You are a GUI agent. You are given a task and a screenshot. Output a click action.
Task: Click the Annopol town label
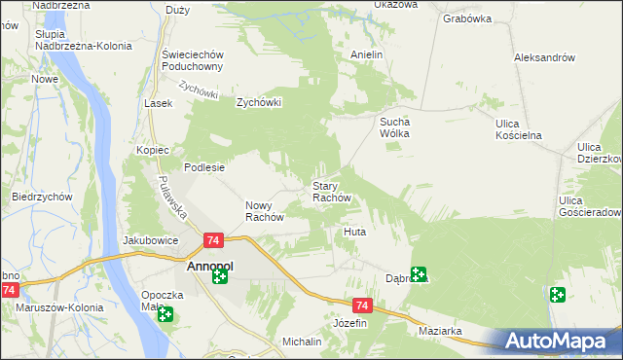[x=206, y=263]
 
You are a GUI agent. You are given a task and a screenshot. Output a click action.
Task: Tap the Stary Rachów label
[x=337, y=191]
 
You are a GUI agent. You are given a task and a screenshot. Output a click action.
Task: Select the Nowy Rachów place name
[x=264, y=210]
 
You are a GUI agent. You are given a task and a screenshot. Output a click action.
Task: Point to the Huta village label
[x=354, y=233]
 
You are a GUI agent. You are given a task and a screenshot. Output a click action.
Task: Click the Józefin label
[x=349, y=322]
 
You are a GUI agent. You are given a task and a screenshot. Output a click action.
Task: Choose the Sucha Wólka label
[x=396, y=127]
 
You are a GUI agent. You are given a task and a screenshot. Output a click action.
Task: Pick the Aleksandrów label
[x=544, y=57]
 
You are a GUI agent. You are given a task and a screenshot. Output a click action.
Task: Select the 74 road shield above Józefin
[x=362, y=305]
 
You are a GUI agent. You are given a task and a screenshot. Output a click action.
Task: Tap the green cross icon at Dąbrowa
[x=418, y=274]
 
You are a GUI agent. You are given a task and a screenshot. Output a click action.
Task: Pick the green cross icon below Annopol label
[x=220, y=277]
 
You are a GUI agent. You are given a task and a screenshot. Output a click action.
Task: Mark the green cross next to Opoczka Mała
[x=165, y=314]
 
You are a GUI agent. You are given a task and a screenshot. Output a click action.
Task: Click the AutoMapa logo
[x=556, y=341]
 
